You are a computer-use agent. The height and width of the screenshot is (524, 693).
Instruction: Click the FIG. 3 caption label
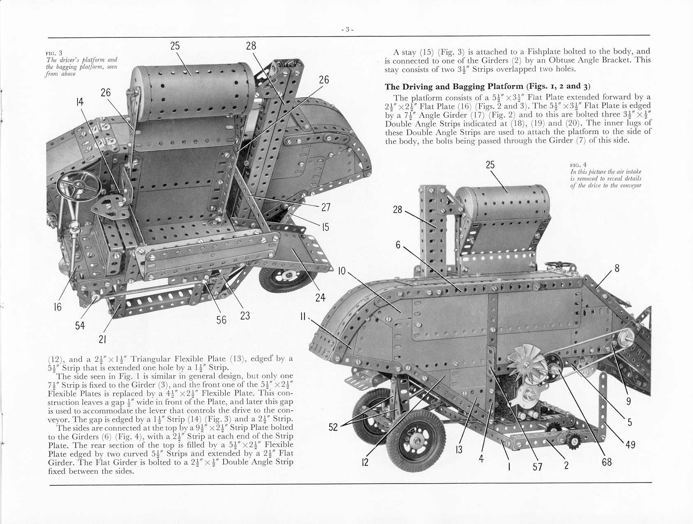click(54, 53)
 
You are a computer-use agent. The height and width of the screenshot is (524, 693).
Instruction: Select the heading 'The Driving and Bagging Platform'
click(454, 87)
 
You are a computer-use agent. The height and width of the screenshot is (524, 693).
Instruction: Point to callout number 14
click(80, 102)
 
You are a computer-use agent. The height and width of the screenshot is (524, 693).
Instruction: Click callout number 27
click(326, 208)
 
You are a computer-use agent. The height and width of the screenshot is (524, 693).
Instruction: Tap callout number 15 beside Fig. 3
click(326, 227)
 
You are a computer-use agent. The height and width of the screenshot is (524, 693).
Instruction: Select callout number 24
click(320, 297)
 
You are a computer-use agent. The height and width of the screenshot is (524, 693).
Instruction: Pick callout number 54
click(80, 325)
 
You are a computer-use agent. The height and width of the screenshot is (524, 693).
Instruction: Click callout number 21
click(102, 339)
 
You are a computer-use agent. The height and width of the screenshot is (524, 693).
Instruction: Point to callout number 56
click(221, 320)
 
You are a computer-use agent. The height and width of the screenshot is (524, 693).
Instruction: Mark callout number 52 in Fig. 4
click(333, 427)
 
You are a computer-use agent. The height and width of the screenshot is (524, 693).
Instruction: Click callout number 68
click(607, 462)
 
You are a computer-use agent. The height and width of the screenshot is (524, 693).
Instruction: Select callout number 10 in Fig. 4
click(342, 271)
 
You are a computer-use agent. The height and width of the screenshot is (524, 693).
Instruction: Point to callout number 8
click(617, 268)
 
